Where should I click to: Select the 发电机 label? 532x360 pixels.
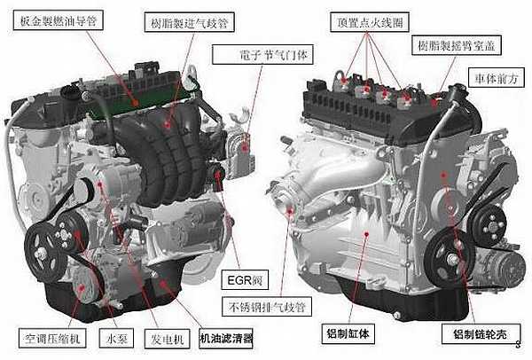(x=165, y=338)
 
